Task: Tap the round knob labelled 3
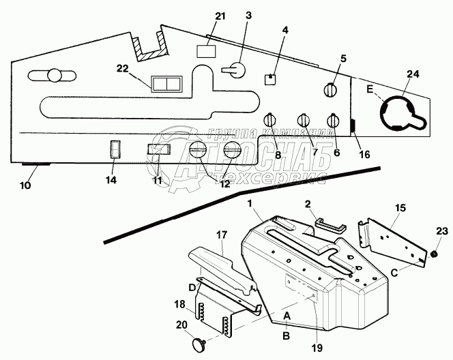pyautogui.click(x=234, y=70)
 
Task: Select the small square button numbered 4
pyautogui.click(x=270, y=78)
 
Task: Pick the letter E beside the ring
pyautogui.click(x=370, y=89)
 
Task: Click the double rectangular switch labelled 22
pyautogui.click(x=166, y=83)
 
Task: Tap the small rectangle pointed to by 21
pyautogui.click(x=206, y=52)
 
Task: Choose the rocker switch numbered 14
pyautogui.click(x=115, y=149)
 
